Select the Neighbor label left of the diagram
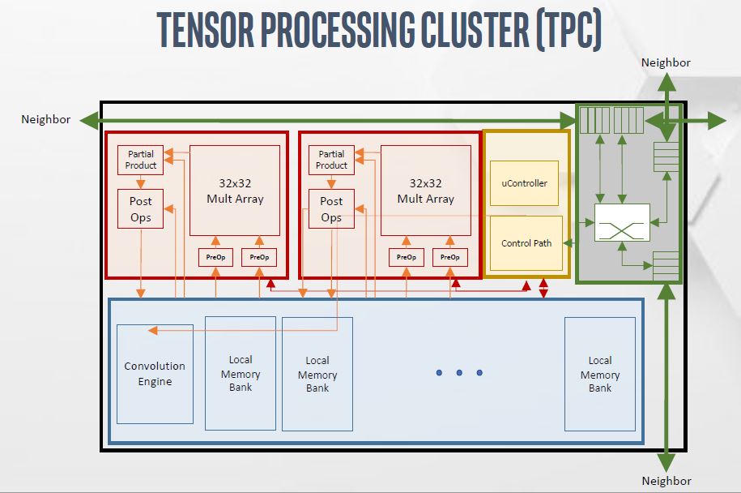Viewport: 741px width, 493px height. pos(46,120)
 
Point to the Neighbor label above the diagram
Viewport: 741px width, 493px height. pos(666,62)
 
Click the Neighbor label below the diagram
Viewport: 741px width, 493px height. pos(666,481)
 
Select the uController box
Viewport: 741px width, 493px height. pos(525,183)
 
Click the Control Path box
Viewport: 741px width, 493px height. pos(526,243)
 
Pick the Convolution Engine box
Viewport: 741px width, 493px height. pos(155,374)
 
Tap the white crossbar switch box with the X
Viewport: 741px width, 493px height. pos(622,222)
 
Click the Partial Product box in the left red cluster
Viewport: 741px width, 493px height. pos(140,160)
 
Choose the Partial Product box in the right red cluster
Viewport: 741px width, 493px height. pos(331,160)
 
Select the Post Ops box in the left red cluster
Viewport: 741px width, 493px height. pos(140,209)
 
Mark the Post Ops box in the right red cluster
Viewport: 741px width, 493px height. pos(331,209)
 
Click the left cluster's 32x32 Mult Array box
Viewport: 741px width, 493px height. pos(235,191)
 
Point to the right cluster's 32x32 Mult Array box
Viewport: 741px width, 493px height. pos(426,191)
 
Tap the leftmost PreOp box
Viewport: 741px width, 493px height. pos(215,258)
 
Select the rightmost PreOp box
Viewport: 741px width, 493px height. pos(449,258)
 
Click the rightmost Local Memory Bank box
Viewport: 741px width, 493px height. pos(599,374)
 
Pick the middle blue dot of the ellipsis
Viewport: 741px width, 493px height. pos(459,373)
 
